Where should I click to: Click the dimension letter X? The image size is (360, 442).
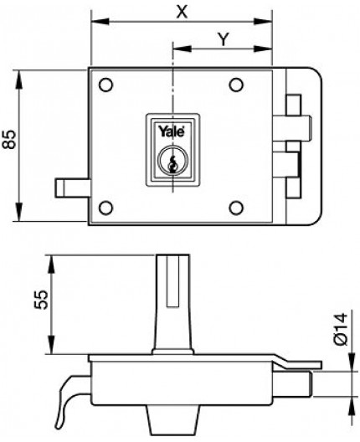pos(182,12)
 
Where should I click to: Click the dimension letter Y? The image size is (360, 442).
pos(224,39)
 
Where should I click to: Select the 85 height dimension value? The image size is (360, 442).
pos(9,139)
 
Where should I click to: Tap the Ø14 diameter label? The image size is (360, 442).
pos(340,329)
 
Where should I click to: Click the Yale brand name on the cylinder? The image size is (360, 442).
pos(172,131)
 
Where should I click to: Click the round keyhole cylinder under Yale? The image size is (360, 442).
pos(172,163)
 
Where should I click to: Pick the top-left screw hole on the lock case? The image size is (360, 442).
pos(106,85)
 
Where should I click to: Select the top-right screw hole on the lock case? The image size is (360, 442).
pos(236,85)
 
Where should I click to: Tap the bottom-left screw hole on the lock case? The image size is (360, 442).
pos(106,208)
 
